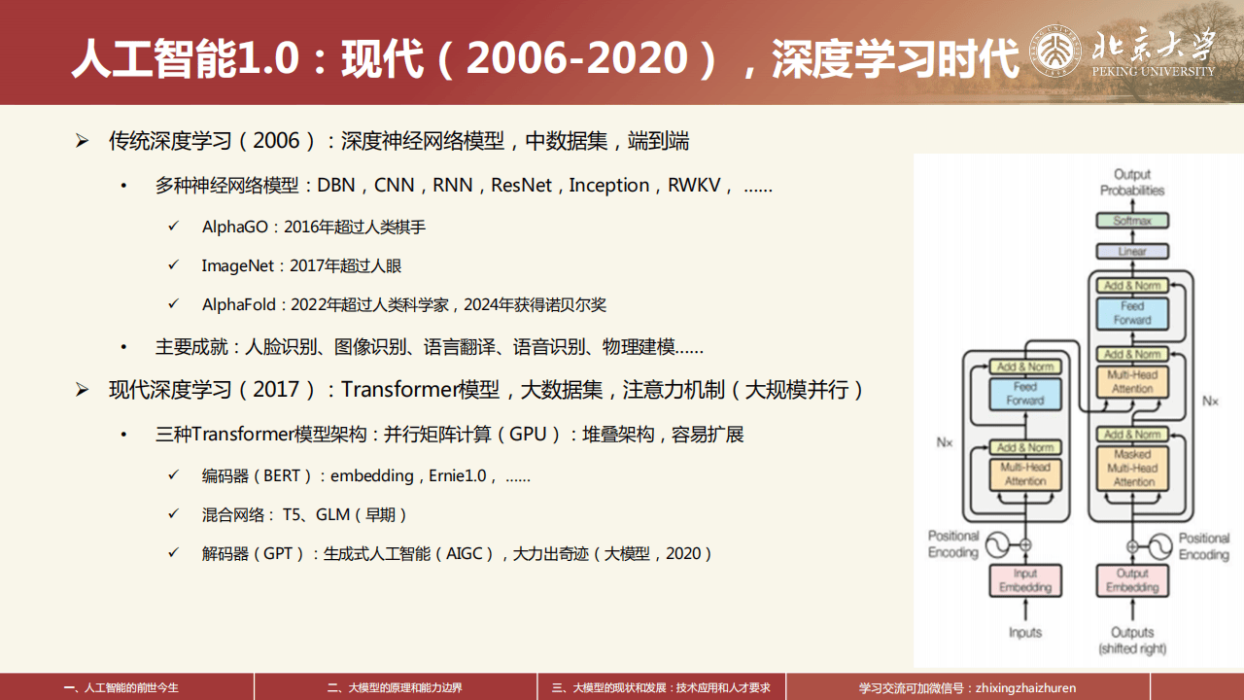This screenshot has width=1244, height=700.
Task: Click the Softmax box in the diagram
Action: pyautogui.click(x=1132, y=221)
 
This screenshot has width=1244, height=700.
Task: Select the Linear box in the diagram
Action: pyautogui.click(x=1132, y=251)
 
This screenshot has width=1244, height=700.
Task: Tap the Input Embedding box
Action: pyautogui.click(x=1025, y=580)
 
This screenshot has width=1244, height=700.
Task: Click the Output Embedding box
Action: pyautogui.click(x=1132, y=580)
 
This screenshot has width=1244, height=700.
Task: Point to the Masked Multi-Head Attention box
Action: pyautogui.click(x=1132, y=468)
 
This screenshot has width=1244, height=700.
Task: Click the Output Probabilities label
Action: pyautogui.click(x=1132, y=183)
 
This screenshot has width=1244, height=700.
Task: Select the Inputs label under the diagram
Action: pyautogui.click(x=1025, y=633)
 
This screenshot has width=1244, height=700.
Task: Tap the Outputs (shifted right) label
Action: pyautogui.click(x=1132, y=640)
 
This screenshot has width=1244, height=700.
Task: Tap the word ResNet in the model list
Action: pyautogui.click(x=521, y=185)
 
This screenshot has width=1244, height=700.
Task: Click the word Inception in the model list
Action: pyautogui.click(x=609, y=185)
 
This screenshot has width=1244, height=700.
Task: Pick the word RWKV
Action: pyautogui.click(x=695, y=185)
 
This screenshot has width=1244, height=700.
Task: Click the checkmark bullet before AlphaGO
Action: pyautogui.click(x=174, y=226)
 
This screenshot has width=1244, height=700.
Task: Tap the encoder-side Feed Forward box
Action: pyautogui.click(x=1025, y=394)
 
